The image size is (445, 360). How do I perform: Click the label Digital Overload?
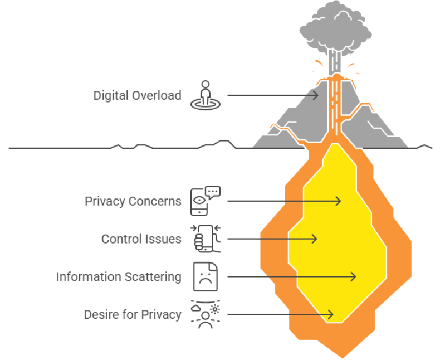tap(137, 95)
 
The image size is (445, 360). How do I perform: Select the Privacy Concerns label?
tap(133, 201)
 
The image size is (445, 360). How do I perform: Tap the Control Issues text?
tap(141, 239)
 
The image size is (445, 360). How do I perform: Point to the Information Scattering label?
tap(119, 276)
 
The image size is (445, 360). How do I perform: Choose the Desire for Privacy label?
tap(133, 314)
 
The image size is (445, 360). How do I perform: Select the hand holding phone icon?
tap(206, 239)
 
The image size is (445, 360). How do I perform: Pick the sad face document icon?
tap(206, 276)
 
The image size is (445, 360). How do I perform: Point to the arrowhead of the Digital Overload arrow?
tap(317, 95)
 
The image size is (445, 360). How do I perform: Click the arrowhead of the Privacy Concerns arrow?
tap(339, 201)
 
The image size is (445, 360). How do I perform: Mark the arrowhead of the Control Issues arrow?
tap(315, 239)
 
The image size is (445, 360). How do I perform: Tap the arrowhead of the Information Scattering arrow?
tap(354, 276)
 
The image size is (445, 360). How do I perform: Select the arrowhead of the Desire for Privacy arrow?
tap(331, 314)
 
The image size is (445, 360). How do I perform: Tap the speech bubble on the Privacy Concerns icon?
tap(213, 192)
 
